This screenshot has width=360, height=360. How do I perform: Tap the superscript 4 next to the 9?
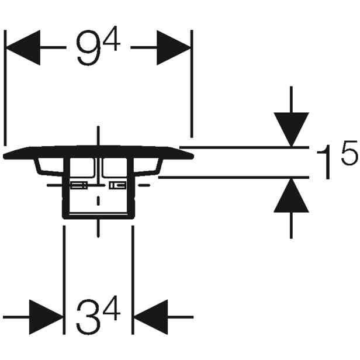click(x=112, y=39)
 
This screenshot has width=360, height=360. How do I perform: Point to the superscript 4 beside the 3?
click(x=112, y=307)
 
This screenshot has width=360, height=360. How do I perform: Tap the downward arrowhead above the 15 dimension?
click(x=291, y=129)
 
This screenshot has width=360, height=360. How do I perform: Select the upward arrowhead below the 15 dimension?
click(x=291, y=195)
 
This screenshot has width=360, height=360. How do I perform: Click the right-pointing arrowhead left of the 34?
click(x=46, y=317)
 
